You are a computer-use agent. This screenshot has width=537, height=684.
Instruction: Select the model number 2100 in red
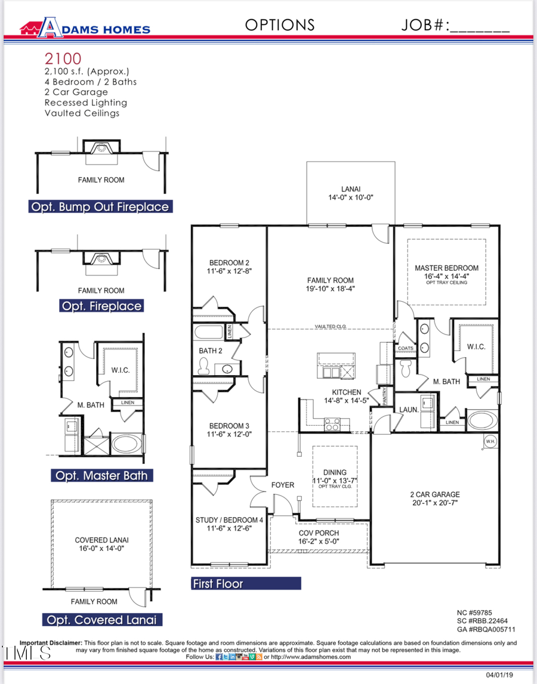[63, 58]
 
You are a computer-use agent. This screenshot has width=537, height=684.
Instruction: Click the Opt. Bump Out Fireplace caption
[100, 207]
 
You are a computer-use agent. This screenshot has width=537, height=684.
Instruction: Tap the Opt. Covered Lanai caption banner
[101, 620]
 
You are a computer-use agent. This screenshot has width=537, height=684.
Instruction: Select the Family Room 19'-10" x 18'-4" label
[331, 284]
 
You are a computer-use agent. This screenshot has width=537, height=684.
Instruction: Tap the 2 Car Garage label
[434, 499]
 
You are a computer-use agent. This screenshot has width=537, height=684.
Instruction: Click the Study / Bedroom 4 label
[229, 524]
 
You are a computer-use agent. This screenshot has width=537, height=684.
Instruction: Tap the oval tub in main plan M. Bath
[480, 419]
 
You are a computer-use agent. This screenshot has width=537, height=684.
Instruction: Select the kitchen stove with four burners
[332, 424]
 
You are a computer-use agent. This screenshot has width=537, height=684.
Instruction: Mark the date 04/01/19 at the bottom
[499, 674]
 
